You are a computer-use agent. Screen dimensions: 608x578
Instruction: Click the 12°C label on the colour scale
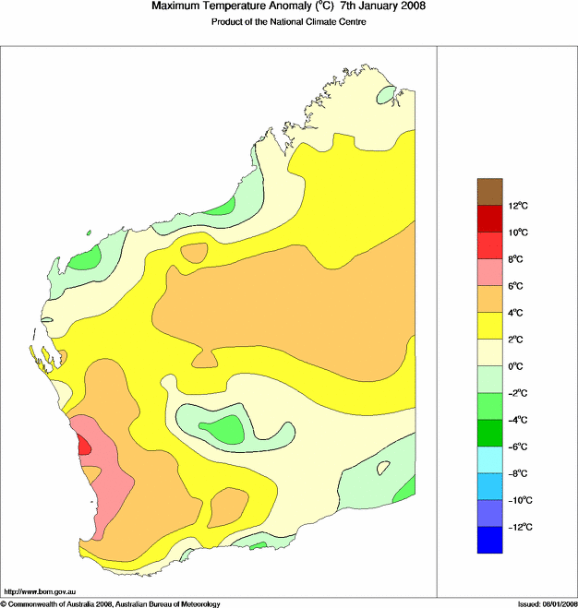pyautogui.click(x=519, y=205)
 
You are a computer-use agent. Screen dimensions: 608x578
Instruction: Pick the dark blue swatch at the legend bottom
pyautogui.click(x=489, y=540)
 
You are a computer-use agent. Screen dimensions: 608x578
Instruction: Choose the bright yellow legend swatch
pyautogui.click(x=489, y=326)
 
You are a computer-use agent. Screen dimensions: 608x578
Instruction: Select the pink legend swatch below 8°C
pyautogui.click(x=489, y=272)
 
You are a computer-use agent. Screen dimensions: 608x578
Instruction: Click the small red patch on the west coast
pyautogui.click(x=84, y=444)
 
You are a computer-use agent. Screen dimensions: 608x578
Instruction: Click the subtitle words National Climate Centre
pyautogui.click(x=323, y=22)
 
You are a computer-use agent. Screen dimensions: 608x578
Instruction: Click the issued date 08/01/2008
pyautogui.click(x=550, y=603)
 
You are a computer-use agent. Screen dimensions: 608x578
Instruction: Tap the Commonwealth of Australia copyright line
pyautogui.click(x=111, y=603)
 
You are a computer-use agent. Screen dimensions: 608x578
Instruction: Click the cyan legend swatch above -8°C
pyautogui.click(x=489, y=459)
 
